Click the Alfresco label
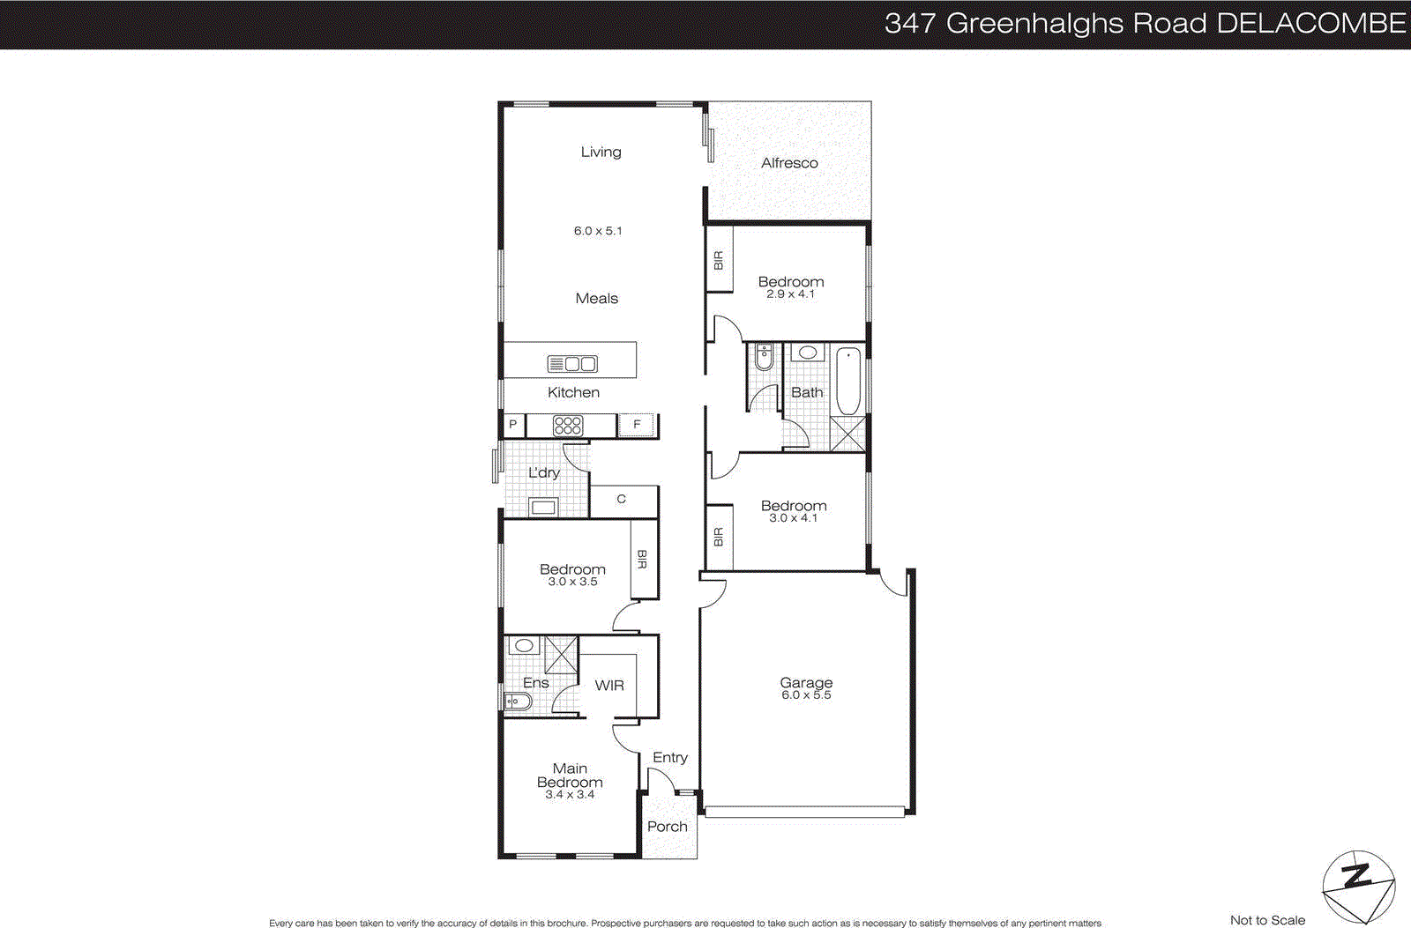click(789, 163)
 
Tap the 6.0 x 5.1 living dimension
click(598, 231)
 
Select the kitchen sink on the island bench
click(572, 363)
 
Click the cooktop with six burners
click(567, 426)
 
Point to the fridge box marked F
click(637, 425)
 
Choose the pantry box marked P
click(512, 425)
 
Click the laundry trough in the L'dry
click(542, 507)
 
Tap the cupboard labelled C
click(623, 500)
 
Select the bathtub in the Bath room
click(847, 382)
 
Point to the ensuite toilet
click(518, 702)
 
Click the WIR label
click(609, 686)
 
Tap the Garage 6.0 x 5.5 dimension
click(806, 695)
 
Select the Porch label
click(667, 827)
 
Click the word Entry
click(670, 758)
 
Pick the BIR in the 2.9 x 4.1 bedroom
click(719, 260)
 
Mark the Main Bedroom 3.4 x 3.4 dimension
click(570, 795)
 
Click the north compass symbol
click(1358, 886)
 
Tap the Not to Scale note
click(1267, 920)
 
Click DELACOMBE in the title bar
click(1310, 24)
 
